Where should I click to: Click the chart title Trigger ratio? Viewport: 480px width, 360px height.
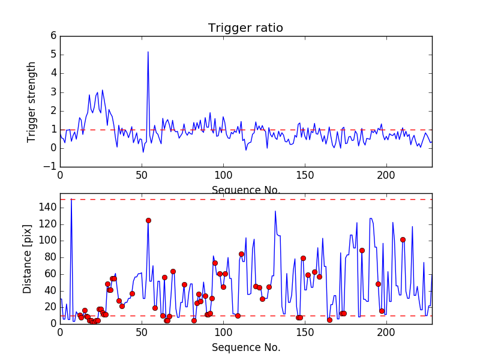coord(245,28)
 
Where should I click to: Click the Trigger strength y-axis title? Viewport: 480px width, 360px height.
coord(32,102)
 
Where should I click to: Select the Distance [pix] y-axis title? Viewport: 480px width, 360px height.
coord(28,259)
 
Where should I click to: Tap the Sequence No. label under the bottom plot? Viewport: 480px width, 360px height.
coord(246,347)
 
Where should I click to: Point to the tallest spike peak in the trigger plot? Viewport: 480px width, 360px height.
coord(148,52)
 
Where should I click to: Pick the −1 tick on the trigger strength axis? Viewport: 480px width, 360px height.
coord(50,167)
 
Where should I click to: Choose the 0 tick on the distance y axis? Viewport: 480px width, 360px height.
coord(53,323)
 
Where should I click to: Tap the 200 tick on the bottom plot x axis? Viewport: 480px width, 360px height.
coord(386,332)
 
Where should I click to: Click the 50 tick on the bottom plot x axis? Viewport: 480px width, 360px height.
coord(142,332)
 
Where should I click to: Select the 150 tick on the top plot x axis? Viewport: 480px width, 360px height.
coord(305,176)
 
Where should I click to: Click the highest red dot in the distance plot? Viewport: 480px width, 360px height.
coord(148,220)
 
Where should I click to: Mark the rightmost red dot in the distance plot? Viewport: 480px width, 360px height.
coord(403,239)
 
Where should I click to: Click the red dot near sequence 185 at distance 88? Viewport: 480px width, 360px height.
coord(362,250)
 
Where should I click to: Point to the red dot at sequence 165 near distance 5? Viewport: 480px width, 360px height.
coord(329,320)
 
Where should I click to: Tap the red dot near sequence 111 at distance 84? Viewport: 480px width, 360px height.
coord(241,254)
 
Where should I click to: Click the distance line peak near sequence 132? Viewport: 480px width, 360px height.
coord(275,211)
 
